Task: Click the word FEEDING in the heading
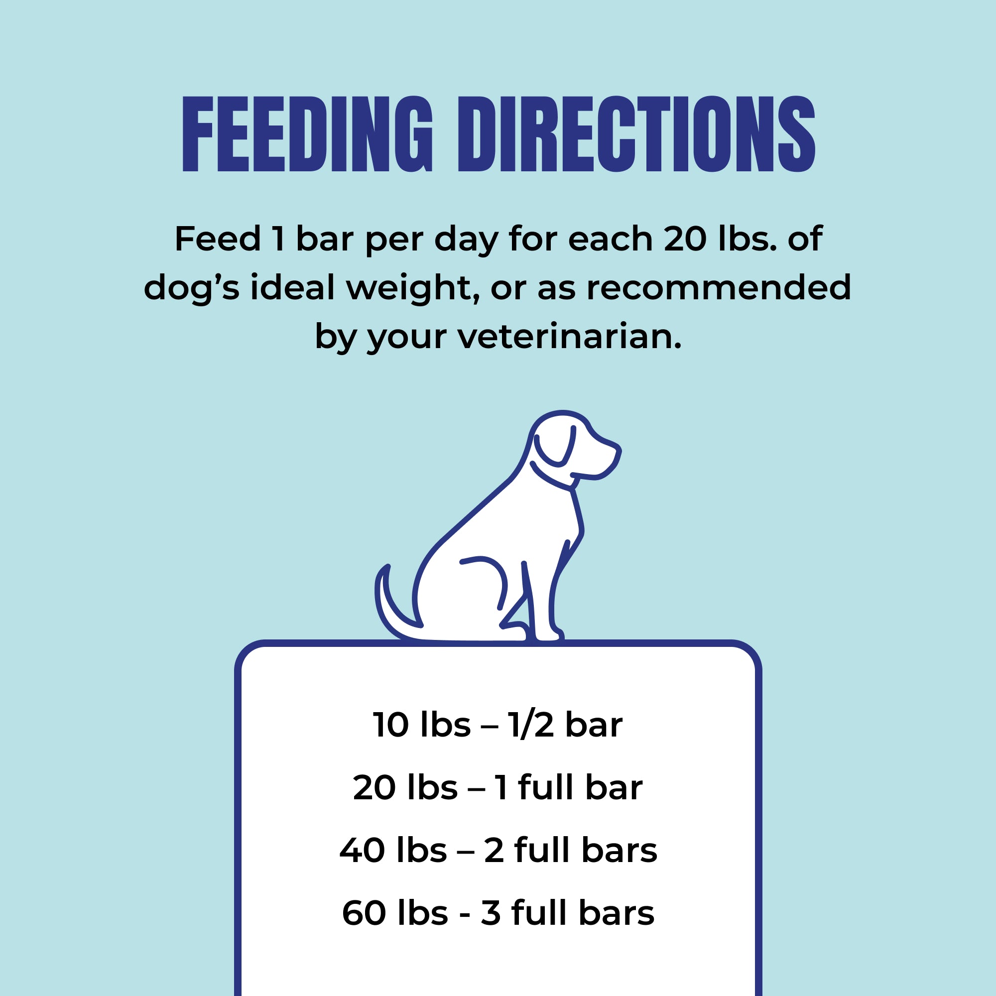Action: pos(307,134)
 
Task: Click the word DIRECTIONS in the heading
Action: pos(636,134)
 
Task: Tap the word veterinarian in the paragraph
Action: pos(569,337)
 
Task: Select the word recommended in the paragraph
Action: pos(719,288)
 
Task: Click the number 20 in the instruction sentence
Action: pos(685,239)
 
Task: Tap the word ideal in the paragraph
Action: pos(293,288)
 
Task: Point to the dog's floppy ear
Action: pos(555,446)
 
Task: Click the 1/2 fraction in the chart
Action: pos(530,725)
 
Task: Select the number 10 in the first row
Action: pos(390,725)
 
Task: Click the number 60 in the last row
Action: pos(364,913)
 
